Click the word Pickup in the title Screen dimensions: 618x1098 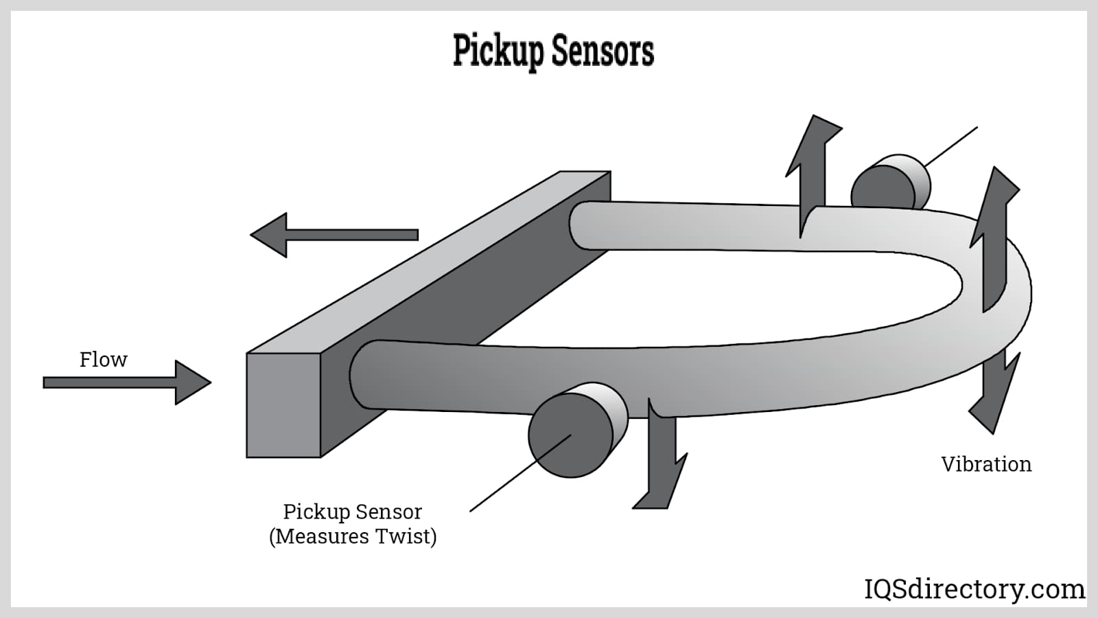coord(498,51)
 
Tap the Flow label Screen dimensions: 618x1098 coord(103,359)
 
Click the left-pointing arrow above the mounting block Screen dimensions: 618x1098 coord(334,235)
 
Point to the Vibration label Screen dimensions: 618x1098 coord(986,464)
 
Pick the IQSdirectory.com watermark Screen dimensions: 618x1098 coord(974,589)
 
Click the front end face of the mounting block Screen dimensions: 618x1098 coord(283,405)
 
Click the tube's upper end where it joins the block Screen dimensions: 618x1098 coord(583,225)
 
